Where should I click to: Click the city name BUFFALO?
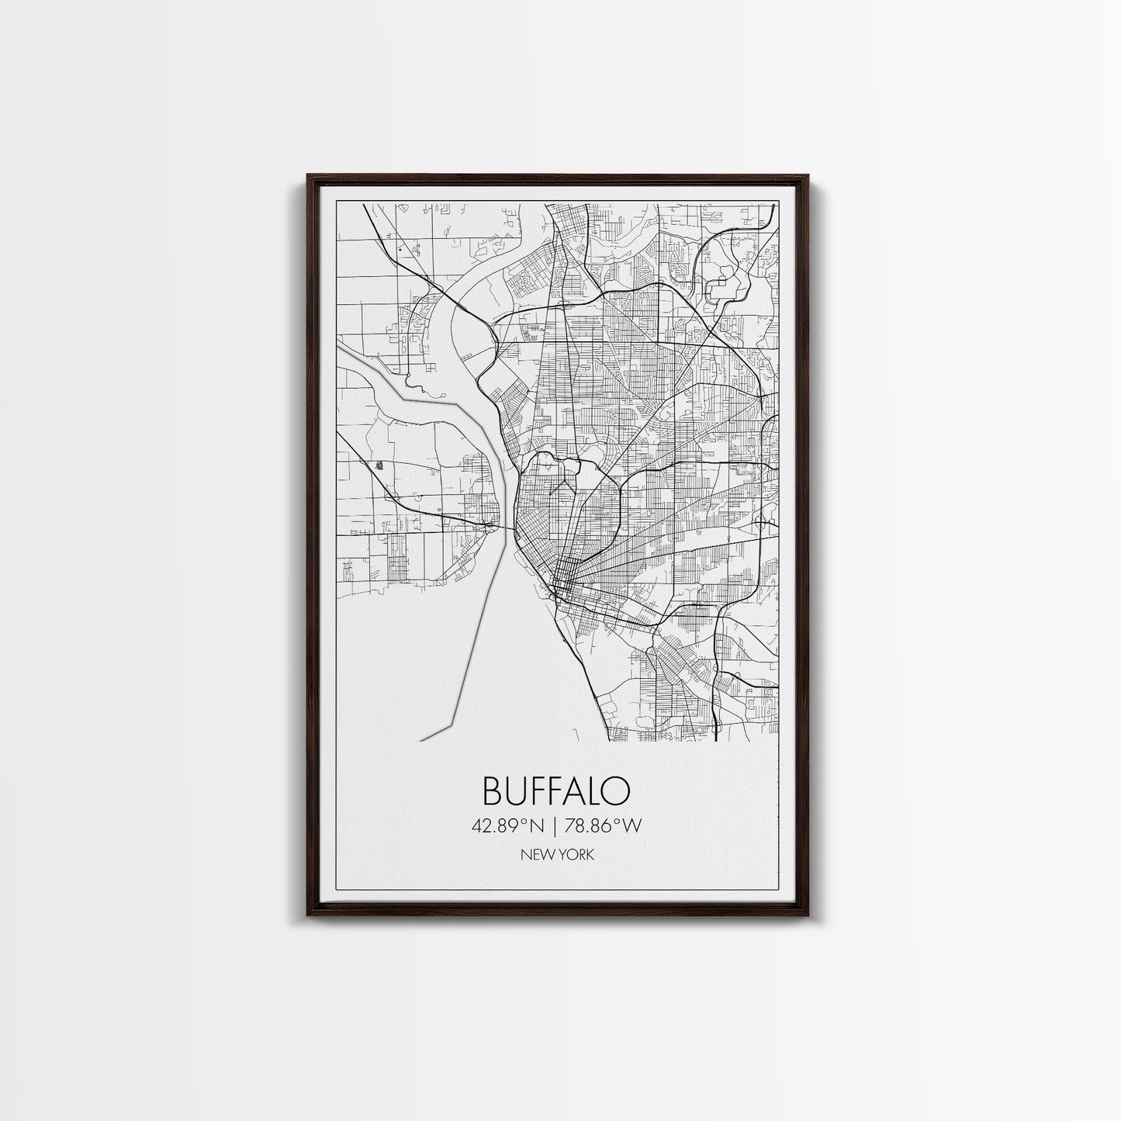pyautogui.click(x=556, y=791)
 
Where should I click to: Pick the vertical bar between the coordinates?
pyautogui.click(x=556, y=826)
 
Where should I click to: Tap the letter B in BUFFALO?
pyautogui.click(x=493, y=791)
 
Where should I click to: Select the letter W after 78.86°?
pyautogui.click(x=634, y=826)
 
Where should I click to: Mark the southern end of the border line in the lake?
pyautogui.click(x=421, y=740)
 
